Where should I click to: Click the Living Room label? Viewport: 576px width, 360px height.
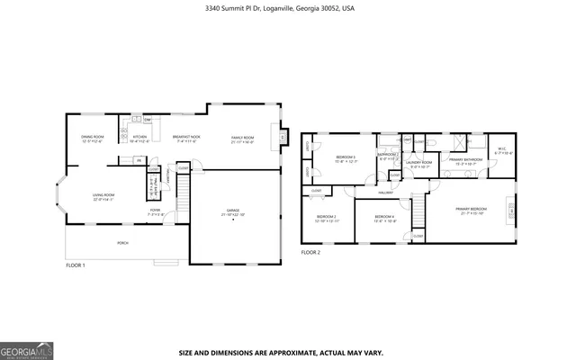pos(104,197)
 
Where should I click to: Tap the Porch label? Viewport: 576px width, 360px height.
pos(122,243)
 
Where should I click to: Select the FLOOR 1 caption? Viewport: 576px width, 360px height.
pos(76,265)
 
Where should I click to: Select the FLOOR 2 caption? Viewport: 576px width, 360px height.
pos(310,253)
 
